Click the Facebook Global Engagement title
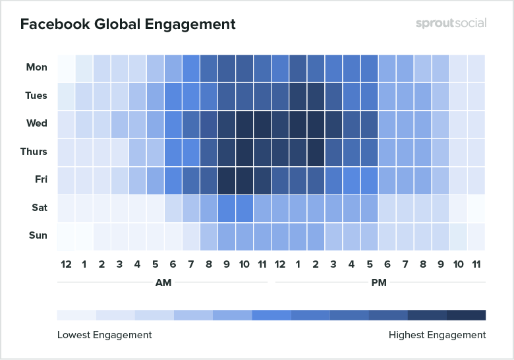[128, 24]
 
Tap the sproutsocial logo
[451, 23]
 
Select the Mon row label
[36, 67]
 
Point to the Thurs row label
[34, 152]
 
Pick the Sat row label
[38, 208]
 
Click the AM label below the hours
[162, 282]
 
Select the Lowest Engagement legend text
[105, 335]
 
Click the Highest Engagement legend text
[437, 335]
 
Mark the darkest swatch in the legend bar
[466, 315]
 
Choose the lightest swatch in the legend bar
[76, 315]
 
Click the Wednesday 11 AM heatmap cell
[262, 123]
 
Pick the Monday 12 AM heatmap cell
[66, 67]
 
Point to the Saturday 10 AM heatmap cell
[244, 208]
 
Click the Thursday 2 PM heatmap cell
[316, 152]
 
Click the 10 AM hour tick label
[244, 264]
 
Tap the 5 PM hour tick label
[370, 264]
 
